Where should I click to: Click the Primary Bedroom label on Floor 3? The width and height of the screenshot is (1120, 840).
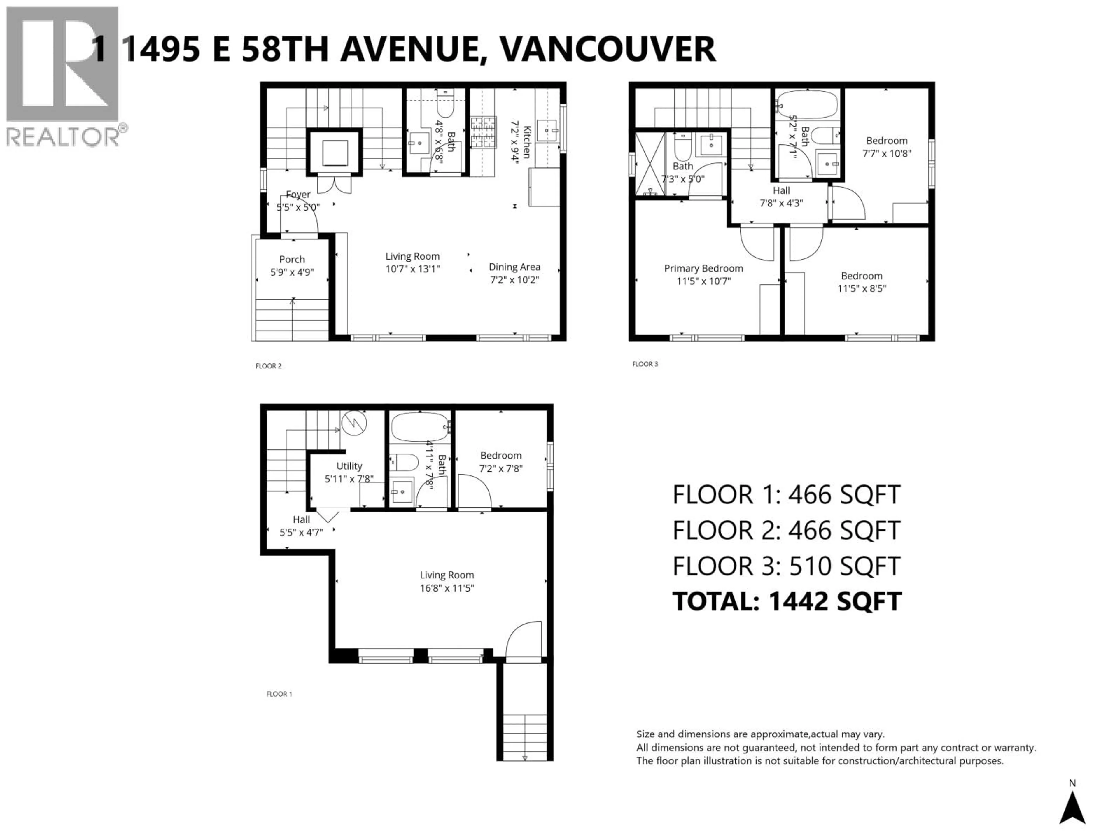[x=703, y=268]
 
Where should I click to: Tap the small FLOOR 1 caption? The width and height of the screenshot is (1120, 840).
[x=279, y=694]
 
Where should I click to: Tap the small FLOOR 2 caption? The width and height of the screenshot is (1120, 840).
[x=268, y=365]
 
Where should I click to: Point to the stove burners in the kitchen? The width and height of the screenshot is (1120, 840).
[x=482, y=133]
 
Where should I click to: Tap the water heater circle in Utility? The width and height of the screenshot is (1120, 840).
[x=354, y=423]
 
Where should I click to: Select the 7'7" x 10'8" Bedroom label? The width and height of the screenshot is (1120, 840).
[x=887, y=147]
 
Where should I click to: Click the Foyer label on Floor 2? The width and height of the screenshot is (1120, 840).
[x=298, y=195]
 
